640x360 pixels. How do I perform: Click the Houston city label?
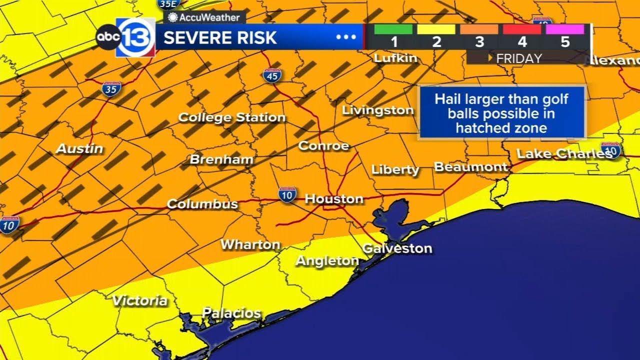pyautogui.click(x=334, y=199)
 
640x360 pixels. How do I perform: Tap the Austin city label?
pyautogui.click(x=79, y=148)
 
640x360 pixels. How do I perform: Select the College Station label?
pyautogui.click(x=232, y=117)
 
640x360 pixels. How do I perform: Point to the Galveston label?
pyautogui.click(x=397, y=248)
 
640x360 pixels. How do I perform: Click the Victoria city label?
pyautogui.click(x=139, y=300)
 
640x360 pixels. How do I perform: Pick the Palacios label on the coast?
pyautogui.click(x=231, y=313)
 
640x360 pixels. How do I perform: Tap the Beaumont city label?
pyautogui.click(x=470, y=167)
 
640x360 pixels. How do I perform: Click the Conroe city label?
pyautogui.click(x=323, y=146)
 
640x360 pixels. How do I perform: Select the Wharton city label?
pyautogui.click(x=250, y=244)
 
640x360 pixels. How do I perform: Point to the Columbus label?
pyautogui.click(x=202, y=204)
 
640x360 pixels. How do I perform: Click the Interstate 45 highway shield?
pyautogui.click(x=272, y=75)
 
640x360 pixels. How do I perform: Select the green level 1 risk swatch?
pyautogui.click(x=393, y=29)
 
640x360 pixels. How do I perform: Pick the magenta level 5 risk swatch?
pyautogui.click(x=564, y=29)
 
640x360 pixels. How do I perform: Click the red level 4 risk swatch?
pyautogui.click(x=522, y=29)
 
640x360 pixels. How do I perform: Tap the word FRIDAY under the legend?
pyautogui.click(x=518, y=58)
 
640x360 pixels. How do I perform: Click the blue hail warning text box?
pyautogui.click(x=501, y=113)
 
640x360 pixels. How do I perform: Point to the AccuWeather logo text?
pyautogui.click(x=206, y=17)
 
